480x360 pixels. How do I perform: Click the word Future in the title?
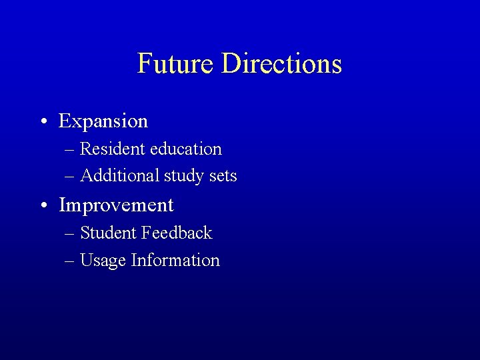[176, 64]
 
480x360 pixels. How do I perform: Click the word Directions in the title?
[281, 64]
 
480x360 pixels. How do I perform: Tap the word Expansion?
[103, 122]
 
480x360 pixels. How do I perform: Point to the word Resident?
[113, 149]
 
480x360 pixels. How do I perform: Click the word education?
[186, 149]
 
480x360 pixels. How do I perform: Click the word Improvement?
[116, 205]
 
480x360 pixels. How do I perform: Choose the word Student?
[109, 233]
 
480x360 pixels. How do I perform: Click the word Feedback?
[177, 233]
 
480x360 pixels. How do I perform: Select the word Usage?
[103, 261]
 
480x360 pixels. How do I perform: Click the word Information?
[175, 260]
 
